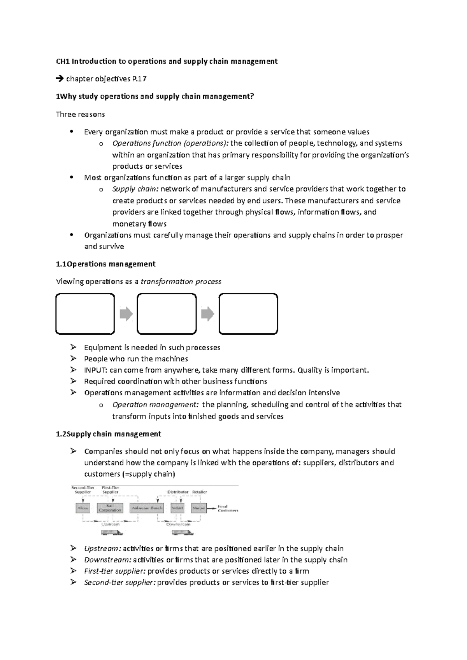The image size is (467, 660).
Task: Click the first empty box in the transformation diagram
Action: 85,314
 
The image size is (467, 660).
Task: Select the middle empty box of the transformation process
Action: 167,314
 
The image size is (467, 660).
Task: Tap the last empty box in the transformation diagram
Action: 248,314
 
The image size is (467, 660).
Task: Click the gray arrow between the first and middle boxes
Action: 126,314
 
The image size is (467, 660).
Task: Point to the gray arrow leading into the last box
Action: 208,314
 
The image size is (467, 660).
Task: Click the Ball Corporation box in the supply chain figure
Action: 110,508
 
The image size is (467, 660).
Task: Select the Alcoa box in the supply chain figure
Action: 83,508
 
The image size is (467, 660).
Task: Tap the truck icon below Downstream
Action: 183,533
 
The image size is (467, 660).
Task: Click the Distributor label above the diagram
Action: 178,492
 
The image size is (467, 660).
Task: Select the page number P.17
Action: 139,79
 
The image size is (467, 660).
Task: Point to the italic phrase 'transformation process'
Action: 181,281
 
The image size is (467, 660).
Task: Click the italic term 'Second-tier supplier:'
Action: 119,582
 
